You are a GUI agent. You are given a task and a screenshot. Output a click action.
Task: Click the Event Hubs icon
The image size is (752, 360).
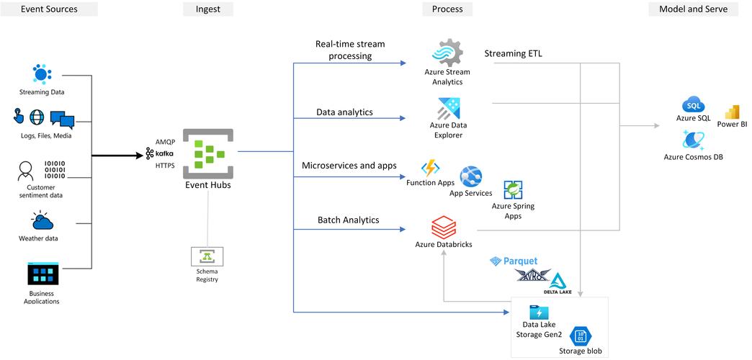point(207,153)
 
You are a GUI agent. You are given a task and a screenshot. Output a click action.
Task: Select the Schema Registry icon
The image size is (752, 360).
point(207,256)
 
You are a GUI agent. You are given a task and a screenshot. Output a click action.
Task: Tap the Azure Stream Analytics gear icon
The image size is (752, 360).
point(447,53)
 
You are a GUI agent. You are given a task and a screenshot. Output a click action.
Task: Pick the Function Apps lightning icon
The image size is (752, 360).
point(431,168)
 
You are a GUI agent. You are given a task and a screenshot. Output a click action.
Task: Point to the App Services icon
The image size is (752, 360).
point(471,176)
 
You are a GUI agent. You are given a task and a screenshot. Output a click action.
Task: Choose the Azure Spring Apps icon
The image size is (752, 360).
point(513,190)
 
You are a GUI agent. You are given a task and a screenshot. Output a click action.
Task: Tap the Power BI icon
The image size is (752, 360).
point(732,112)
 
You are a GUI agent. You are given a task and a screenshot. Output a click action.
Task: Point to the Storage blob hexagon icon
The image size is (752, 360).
point(580,336)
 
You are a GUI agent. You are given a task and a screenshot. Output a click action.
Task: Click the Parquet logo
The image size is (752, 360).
point(514,261)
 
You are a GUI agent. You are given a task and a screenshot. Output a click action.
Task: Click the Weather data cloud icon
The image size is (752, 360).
point(42,221)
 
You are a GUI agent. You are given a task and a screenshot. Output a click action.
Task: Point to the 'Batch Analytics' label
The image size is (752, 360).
point(348,220)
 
